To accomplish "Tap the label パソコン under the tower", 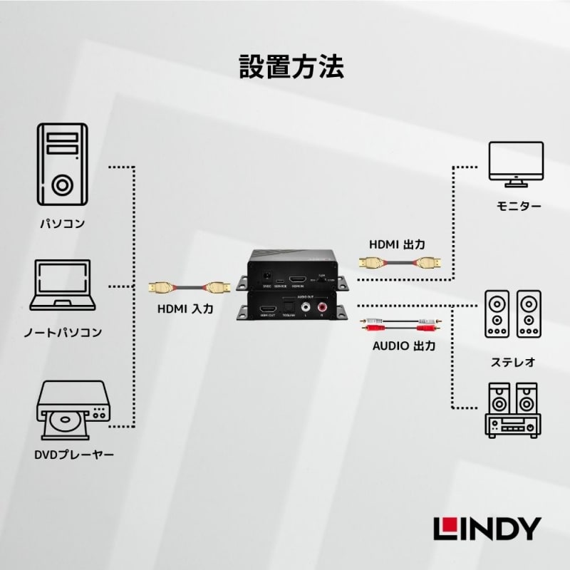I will (62, 223).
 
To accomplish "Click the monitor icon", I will (516, 162).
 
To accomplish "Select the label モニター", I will (519, 207).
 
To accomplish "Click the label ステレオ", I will (513, 362).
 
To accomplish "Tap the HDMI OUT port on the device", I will (268, 310).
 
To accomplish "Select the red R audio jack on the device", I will (322, 308).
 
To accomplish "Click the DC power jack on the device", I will (268, 276).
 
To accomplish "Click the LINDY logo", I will (487, 528).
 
